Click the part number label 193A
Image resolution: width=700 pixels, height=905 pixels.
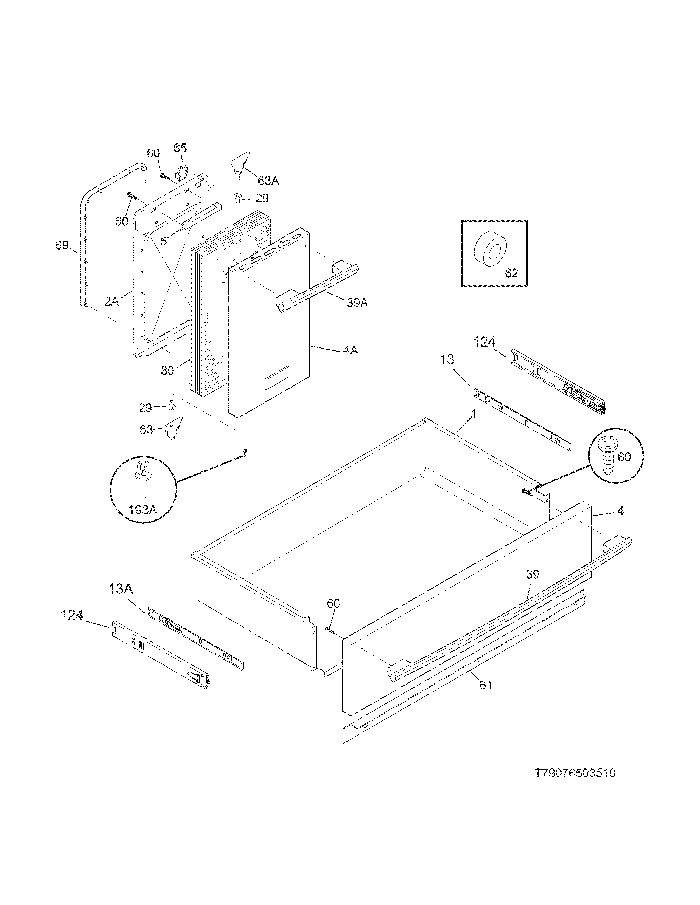(x=143, y=510)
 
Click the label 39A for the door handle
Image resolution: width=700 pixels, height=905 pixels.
(x=357, y=303)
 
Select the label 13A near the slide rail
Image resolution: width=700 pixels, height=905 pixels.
(x=121, y=589)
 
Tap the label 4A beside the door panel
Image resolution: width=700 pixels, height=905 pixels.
(x=351, y=350)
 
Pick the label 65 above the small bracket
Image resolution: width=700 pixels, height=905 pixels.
(x=180, y=148)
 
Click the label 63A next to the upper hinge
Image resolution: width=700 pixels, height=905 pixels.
(x=268, y=181)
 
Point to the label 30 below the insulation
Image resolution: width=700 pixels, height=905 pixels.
(x=167, y=371)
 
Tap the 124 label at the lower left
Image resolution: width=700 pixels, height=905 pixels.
(x=72, y=615)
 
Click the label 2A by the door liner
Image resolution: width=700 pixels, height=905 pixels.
(x=111, y=301)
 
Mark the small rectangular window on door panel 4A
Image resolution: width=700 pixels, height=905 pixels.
(x=277, y=377)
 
